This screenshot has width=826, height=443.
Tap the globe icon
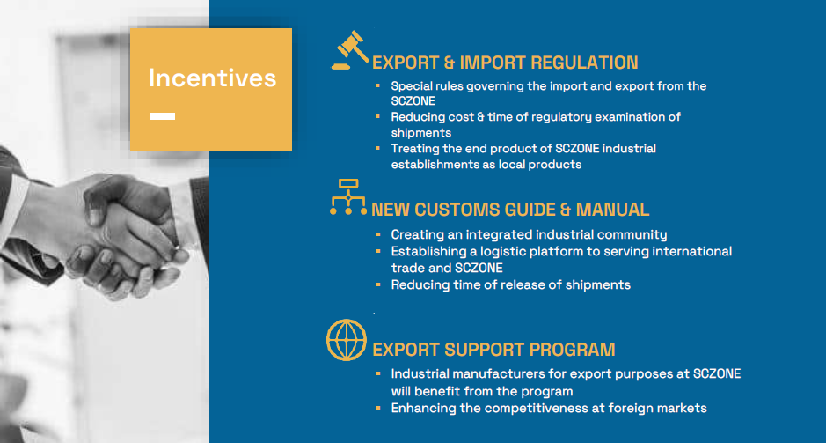(x=346, y=340)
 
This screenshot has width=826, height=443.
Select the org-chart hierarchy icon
(x=348, y=196)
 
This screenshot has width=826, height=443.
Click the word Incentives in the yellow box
(x=212, y=78)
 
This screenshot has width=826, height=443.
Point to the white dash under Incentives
(x=163, y=116)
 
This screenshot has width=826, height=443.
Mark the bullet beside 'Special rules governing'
(x=377, y=85)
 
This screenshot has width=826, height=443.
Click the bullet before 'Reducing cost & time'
(x=377, y=116)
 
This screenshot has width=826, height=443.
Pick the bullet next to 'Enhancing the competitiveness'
(x=377, y=408)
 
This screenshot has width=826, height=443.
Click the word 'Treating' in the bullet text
(x=412, y=149)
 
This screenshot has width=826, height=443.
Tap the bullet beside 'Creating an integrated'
(x=377, y=234)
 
